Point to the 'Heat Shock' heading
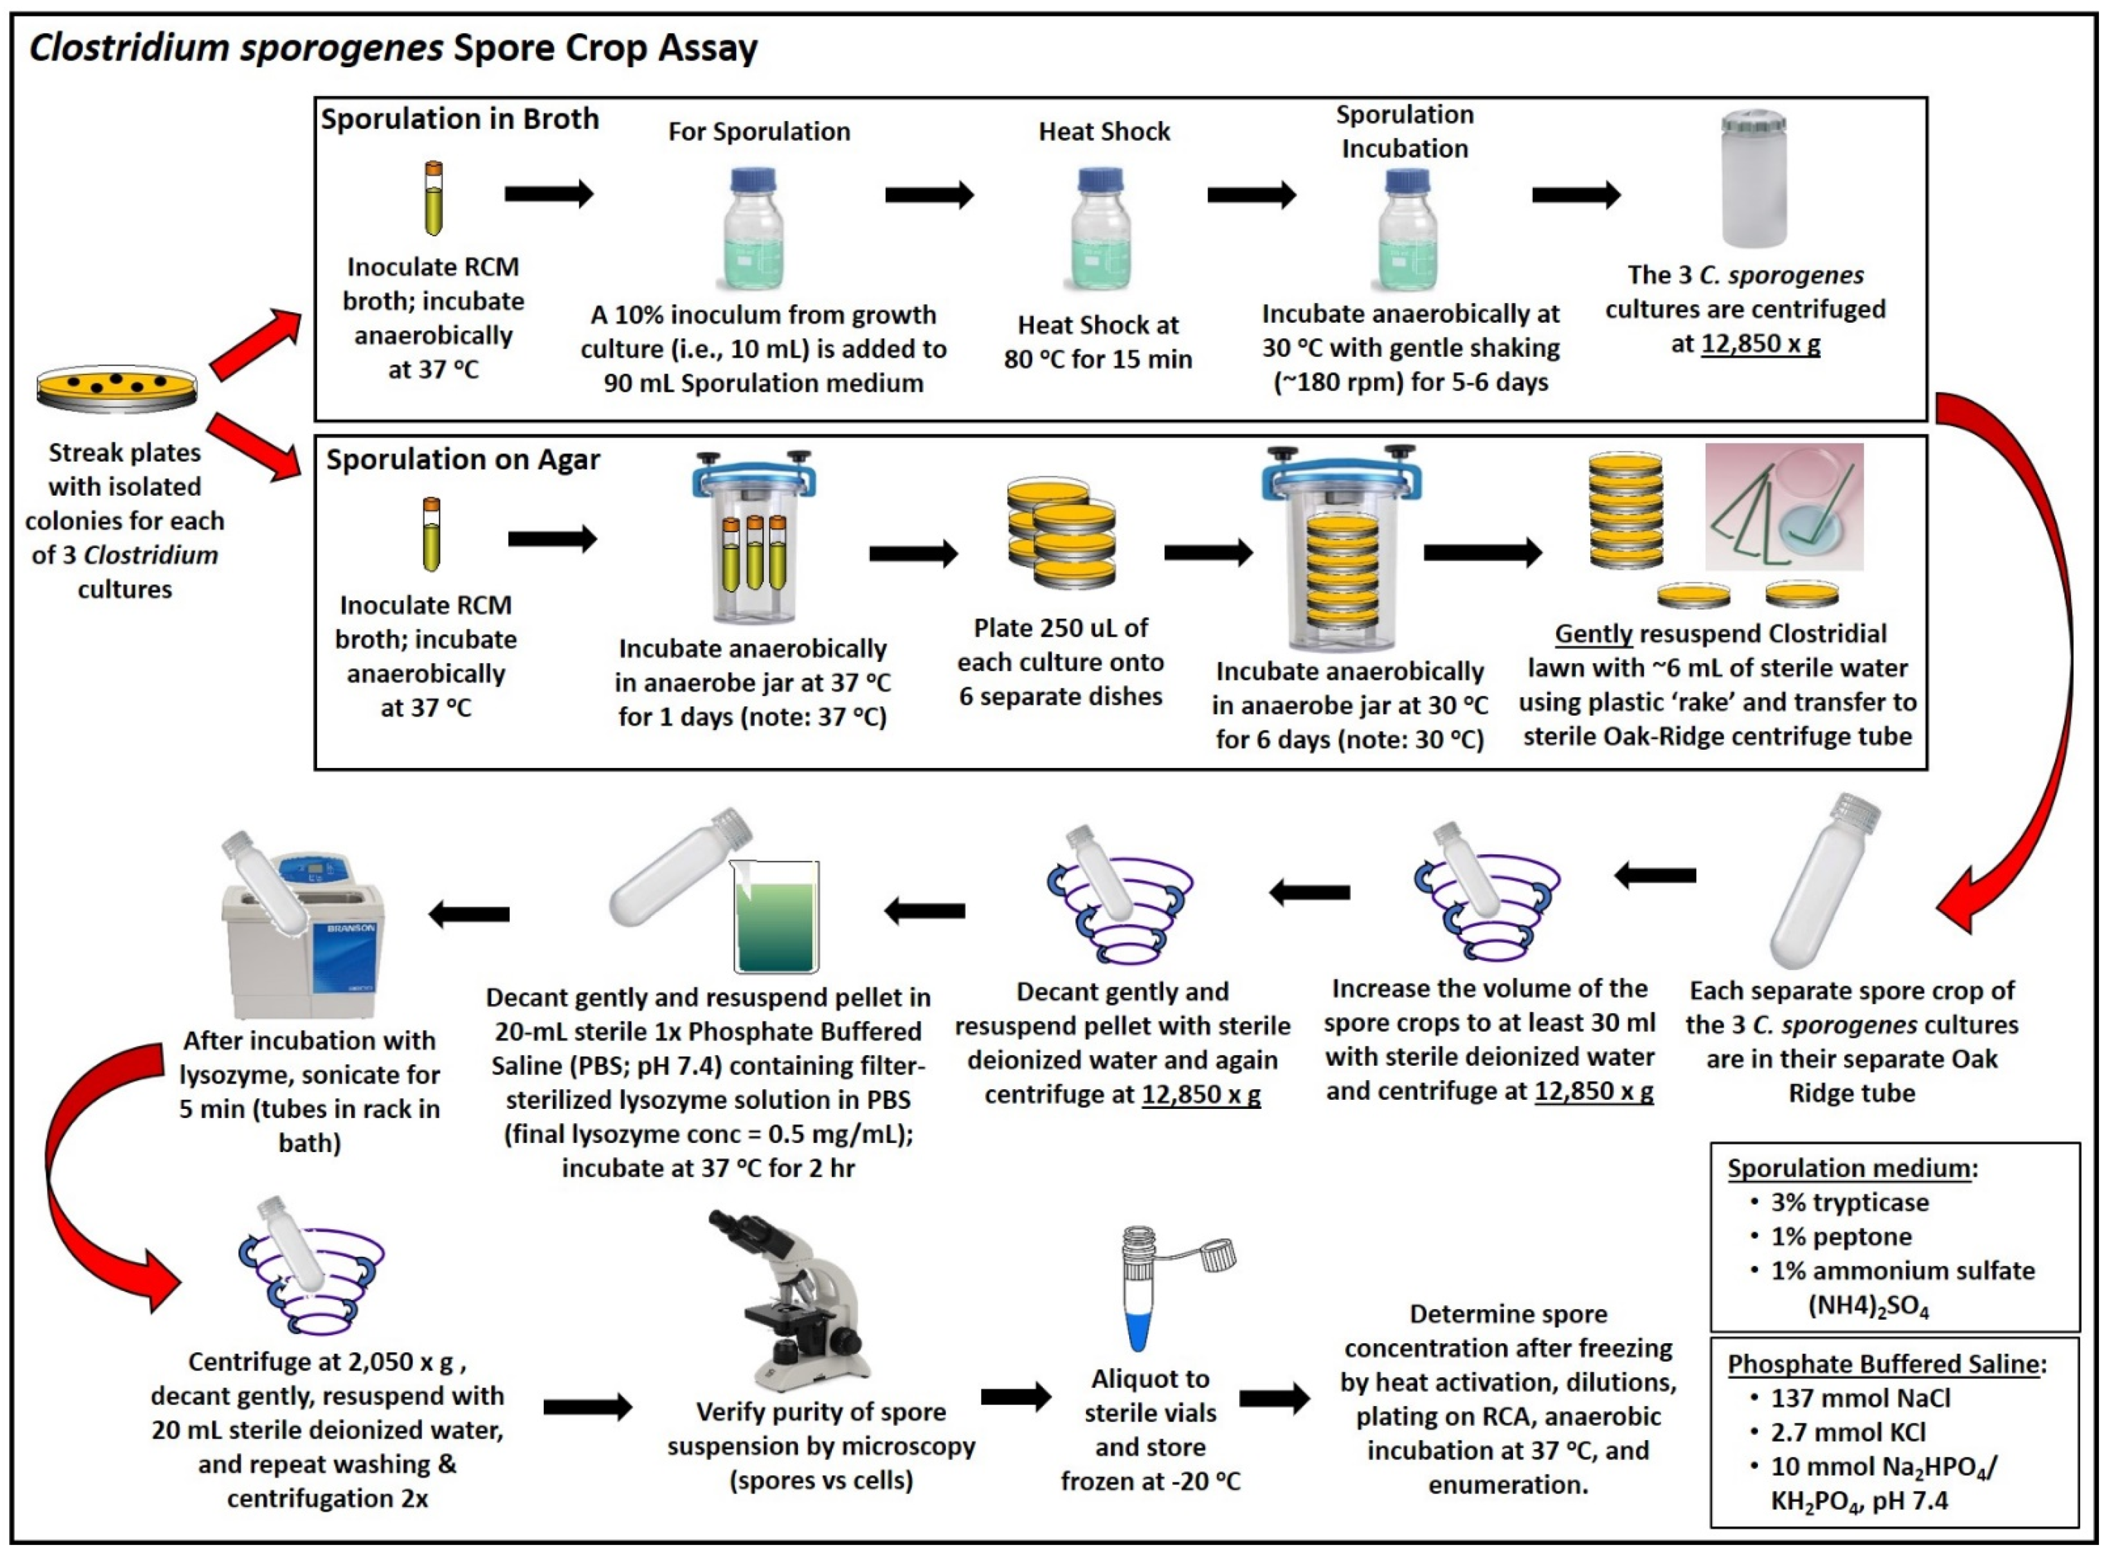pyautogui.click(x=1104, y=132)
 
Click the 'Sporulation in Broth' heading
pyautogui.click(x=459, y=120)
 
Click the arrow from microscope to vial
pyautogui.click(x=1014, y=1397)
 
